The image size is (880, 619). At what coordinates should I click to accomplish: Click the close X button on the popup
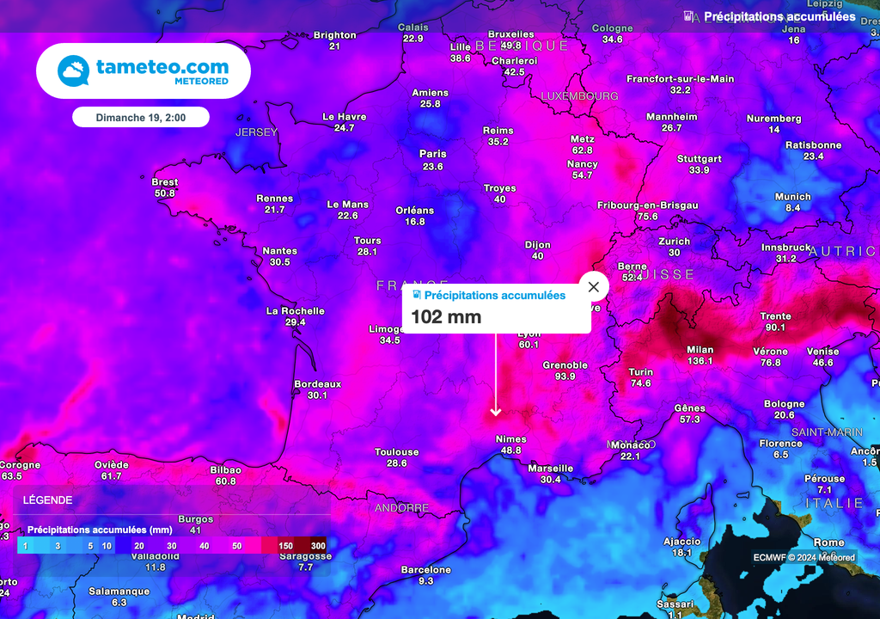tap(593, 286)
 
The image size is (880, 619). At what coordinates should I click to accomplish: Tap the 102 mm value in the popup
tap(446, 316)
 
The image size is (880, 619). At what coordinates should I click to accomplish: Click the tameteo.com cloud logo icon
tap(75, 71)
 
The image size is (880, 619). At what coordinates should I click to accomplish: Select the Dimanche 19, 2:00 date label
tap(141, 116)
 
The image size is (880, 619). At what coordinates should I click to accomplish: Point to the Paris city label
tap(432, 155)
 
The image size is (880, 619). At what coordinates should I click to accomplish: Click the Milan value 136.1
tap(700, 361)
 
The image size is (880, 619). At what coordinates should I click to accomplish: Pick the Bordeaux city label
tap(317, 384)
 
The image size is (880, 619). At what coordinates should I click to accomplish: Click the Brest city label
tap(164, 182)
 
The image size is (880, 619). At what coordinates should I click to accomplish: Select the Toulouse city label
tap(396, 452)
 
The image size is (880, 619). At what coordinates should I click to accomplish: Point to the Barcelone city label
tap(426, 570)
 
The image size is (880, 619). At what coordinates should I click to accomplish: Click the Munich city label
tap(792, 197)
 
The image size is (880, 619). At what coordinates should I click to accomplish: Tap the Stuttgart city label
tap(699, 159)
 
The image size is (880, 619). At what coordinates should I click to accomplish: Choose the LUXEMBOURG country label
tap(579, 96)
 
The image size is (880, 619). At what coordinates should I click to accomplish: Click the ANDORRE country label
tap(401, 508)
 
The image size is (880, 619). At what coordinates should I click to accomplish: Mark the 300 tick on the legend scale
tap(318, 546)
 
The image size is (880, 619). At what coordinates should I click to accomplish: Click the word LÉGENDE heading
tap(47, 499)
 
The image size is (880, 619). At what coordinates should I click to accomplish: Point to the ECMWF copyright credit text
tap(804, 557)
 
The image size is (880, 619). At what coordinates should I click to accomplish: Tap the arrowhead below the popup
tap(495, 413)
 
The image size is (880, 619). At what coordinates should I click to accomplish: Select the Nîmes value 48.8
tap(510, 450)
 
